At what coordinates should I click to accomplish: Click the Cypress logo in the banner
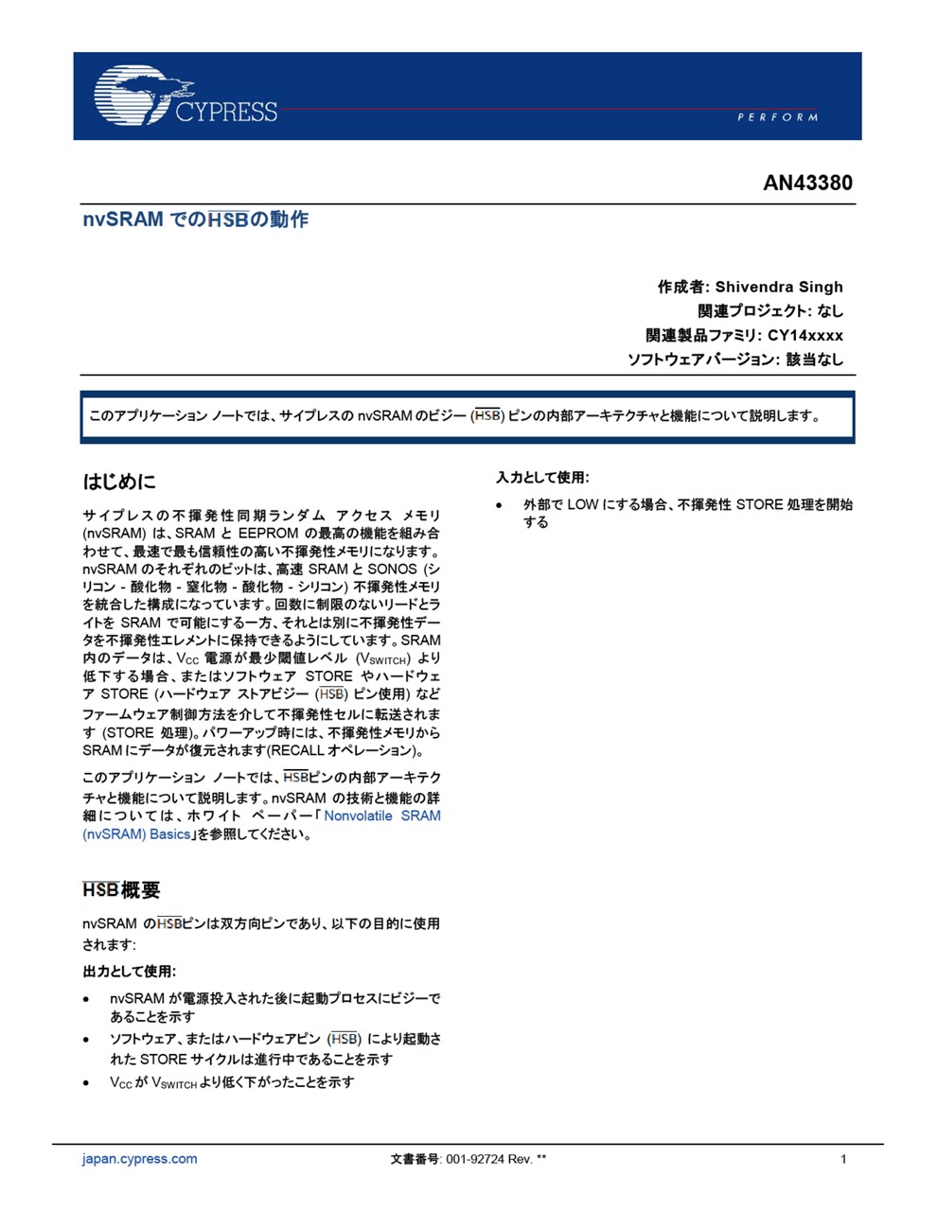(186, 96)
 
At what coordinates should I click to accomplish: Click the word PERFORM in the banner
(777, 117)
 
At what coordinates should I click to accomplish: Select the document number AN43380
(807, 183)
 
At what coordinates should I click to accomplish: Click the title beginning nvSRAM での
(195, 219)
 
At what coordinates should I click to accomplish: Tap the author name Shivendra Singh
(778, 287)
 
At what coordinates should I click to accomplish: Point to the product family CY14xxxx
(804, 335)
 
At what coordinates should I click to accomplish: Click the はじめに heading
(119, 482)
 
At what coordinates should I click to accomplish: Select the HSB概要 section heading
(121, 890)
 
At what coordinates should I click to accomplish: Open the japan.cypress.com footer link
(140, 1159)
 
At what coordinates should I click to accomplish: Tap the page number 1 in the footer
(843, 1159)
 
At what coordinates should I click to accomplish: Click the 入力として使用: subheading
(542, 478)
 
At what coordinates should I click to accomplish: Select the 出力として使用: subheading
(129, 971)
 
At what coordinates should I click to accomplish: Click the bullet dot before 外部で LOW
(500, 505)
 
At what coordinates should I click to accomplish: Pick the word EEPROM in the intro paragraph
(268, 534)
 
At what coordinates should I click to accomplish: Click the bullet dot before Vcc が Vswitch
(87, 1082)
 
